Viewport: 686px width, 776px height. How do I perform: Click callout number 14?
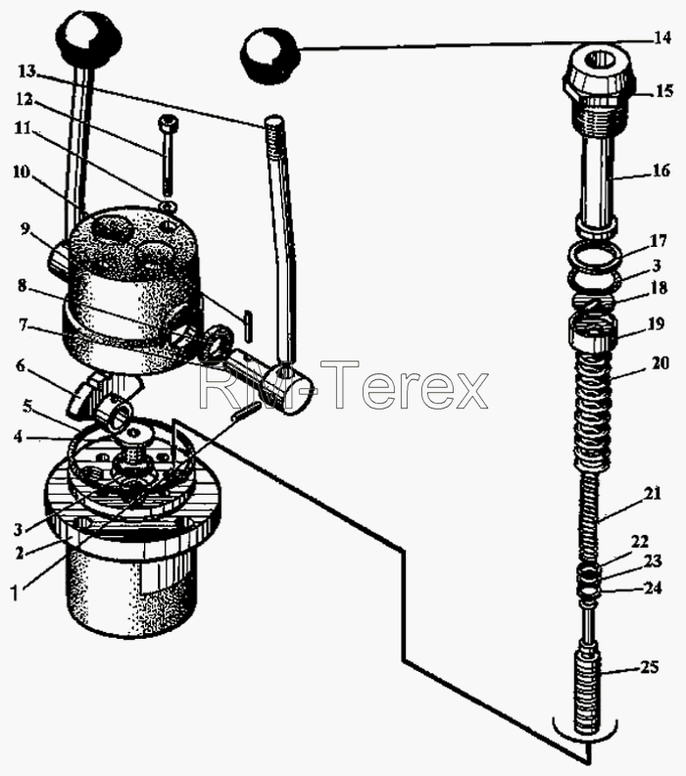tap(661, 37)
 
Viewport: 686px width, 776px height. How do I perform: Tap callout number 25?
tap(649, 667)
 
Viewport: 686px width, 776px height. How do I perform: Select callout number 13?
tap(27, 72)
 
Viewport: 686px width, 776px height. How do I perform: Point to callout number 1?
tap(15, 594)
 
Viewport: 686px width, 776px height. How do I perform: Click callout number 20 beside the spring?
tap(661, 363)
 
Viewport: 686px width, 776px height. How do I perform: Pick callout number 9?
tap(25, 229)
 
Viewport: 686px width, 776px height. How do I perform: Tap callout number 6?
tap(20, 365)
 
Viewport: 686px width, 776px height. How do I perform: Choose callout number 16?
tap(661, 170)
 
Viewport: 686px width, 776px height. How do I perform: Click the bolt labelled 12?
tap(169, 156)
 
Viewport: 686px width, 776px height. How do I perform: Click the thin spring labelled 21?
tap(590, 520)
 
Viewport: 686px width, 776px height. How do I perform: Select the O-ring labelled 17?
tap(595, 258)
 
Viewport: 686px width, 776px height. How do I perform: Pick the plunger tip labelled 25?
tap(590, 693)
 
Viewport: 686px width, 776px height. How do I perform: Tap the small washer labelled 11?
tap(170, 205)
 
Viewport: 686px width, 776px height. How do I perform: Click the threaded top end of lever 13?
tap(274, 132)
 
